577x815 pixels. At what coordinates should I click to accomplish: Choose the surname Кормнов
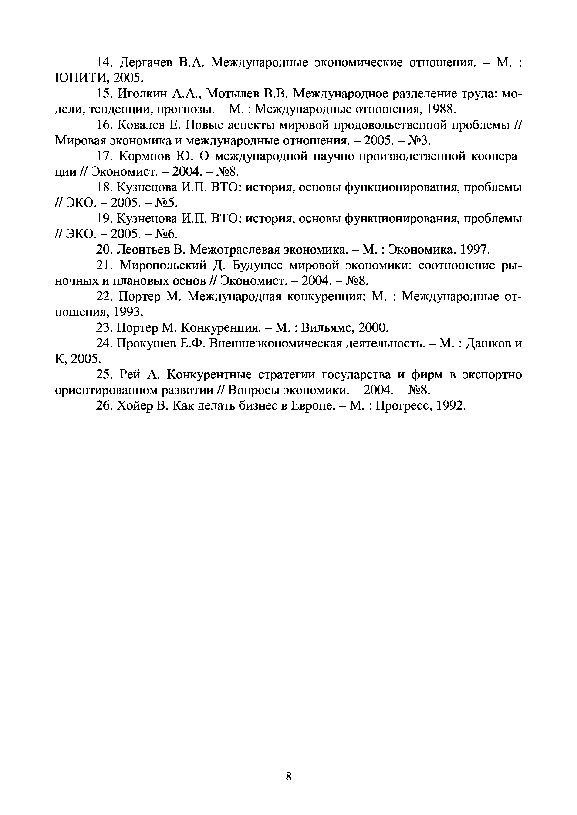146,156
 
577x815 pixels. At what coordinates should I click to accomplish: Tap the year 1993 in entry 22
128,312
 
